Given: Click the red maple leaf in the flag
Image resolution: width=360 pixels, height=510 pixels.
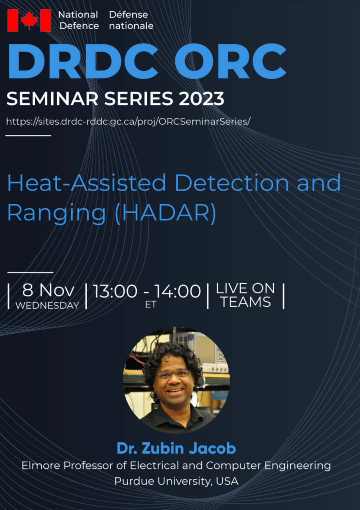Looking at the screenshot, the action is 29,20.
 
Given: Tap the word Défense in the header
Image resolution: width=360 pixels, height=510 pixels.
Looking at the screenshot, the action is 128,15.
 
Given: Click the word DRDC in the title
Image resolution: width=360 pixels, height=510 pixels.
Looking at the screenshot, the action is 83,61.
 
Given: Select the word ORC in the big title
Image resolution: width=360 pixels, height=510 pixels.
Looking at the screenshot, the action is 230,61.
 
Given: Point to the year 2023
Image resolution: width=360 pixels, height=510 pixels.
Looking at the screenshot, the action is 201,99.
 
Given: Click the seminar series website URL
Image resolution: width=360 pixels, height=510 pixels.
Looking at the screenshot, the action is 128,122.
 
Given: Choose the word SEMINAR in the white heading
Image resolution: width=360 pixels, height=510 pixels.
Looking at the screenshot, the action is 52,99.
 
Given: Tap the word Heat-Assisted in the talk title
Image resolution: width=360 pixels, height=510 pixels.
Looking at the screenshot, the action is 86,182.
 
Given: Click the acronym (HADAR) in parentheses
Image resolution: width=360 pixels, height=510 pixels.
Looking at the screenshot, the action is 166,213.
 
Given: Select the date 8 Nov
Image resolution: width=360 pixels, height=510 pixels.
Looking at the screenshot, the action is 48,290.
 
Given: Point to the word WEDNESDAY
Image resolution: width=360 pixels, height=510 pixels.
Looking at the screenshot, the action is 47,306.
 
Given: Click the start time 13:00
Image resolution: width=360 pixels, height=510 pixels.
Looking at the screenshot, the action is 115,291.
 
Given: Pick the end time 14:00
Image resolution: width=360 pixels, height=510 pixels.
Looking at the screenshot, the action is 178,291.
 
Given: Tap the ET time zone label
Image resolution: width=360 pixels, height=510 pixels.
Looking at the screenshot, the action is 150,304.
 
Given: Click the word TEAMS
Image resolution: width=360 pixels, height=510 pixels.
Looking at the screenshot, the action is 246,302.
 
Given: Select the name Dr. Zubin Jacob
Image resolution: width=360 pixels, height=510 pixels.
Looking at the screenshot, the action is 176,448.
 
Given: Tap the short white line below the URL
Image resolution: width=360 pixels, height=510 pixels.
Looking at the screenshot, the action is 28,136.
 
